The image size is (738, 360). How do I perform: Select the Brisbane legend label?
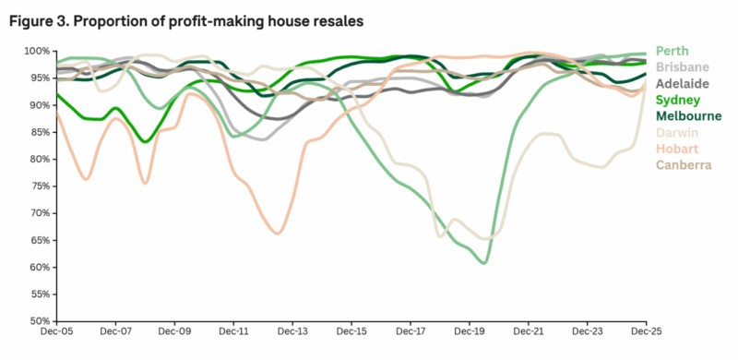tap(683, 67)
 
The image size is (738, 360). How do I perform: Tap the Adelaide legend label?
tap(682, 83)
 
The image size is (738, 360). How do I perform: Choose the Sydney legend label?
tap(677, 100)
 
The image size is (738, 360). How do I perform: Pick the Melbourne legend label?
tap(688, 116)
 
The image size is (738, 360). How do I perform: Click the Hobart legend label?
tap(676, 149)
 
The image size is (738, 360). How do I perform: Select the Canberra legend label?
tap(684, 165)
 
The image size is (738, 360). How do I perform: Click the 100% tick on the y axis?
tap(36, 51)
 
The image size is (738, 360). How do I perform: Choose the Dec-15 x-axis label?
tap(351, 331)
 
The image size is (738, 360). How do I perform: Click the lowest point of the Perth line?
tap(482, 263)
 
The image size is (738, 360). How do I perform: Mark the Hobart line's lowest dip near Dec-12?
tap(277, 234)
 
